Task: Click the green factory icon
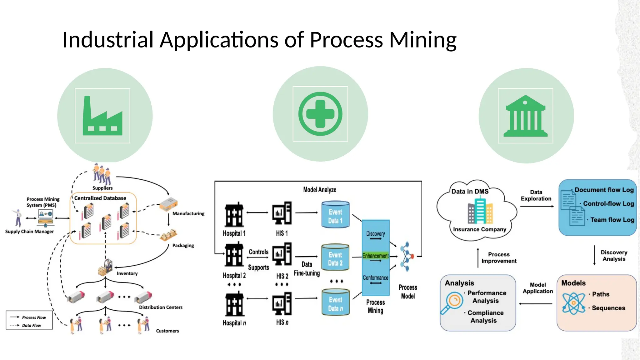point(102,116)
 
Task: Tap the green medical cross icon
point(320,114)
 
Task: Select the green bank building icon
point(525,116)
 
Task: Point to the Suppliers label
point(102,188)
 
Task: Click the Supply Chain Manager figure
point(18,218)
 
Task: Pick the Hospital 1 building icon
point(234,215)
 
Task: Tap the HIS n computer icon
point(282,304)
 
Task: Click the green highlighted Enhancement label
point(375,256)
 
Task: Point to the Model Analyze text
point(320,190)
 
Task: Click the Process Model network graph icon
point(407,256)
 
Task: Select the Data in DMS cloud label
point(470,191)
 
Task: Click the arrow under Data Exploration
point(537,206)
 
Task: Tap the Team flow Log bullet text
point(612,220)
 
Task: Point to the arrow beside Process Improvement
point(478,258)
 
